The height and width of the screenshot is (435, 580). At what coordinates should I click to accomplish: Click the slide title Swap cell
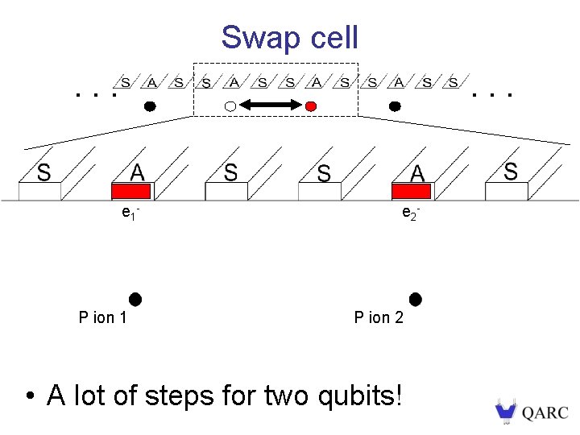[289, 37]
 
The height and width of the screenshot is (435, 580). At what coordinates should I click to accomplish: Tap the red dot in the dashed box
[311, 106]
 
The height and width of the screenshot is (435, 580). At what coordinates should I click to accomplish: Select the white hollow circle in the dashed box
[230, 106]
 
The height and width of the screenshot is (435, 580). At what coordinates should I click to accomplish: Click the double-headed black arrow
[270, 106]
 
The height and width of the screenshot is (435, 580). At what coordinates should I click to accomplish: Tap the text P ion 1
[102, 317]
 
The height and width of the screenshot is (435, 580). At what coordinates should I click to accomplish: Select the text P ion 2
[379, 317]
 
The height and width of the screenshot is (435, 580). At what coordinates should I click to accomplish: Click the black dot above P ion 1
[135, 300]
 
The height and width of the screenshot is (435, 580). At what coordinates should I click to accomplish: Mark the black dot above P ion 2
[415, 300]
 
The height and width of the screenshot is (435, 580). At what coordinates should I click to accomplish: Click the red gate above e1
[130, 191]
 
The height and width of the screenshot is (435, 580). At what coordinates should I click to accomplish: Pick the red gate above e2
[411, 191]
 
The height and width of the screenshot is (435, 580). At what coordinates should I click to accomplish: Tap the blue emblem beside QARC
[505, 412]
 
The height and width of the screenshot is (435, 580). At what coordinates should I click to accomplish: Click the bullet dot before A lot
[29, 396]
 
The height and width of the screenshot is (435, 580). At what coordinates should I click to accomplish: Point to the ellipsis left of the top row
[95, 95]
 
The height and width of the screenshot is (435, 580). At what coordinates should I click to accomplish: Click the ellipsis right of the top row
[493, 95]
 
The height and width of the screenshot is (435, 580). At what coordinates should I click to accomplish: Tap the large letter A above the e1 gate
[138, 172]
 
